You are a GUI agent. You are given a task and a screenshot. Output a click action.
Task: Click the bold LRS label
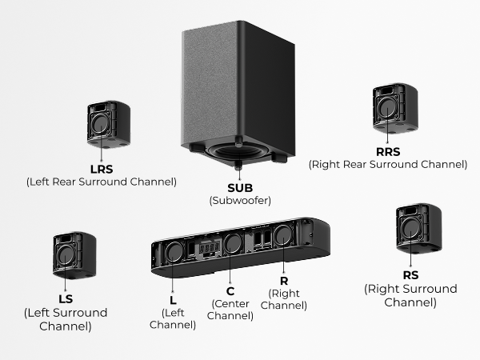point(102,170)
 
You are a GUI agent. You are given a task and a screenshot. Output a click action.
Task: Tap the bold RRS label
point(388,152)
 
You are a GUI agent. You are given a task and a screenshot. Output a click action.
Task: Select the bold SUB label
point(240,188)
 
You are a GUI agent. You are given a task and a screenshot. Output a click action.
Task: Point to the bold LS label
point(66,299)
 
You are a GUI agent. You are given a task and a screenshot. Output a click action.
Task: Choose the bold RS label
point(410,275)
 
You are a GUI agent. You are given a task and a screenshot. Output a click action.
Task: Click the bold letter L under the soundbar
point(173,300)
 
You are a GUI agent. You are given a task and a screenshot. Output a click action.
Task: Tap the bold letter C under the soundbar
point(230,291)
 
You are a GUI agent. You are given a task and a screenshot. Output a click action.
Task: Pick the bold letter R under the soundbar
point(284,281)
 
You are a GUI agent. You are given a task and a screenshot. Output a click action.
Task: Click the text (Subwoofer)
point(240,201)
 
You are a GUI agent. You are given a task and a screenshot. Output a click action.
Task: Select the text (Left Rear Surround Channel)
point(102,182)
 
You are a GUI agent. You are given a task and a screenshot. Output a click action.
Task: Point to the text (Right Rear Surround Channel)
point(388,165)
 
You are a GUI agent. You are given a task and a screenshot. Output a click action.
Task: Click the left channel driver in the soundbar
point(174,252)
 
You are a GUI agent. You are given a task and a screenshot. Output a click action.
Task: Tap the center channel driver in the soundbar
point(233,243)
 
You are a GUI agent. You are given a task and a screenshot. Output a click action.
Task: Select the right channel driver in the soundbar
point(283,235)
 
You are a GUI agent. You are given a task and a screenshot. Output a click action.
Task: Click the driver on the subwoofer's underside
point(238,152)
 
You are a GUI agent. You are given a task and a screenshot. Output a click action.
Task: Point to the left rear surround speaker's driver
point(100,124)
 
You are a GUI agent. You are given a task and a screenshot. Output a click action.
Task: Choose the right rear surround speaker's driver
point(387,107)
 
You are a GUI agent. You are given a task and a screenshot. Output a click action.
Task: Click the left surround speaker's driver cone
point(66,256)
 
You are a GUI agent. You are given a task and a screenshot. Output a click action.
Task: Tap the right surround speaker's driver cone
point(410,228)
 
